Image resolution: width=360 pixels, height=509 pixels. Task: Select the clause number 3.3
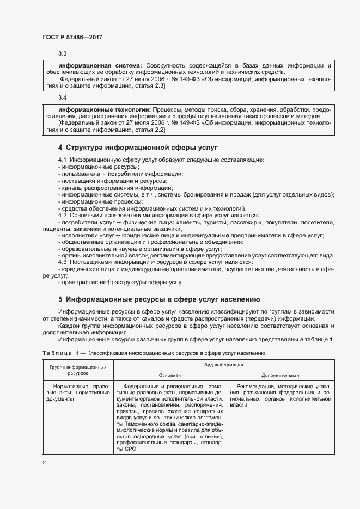click(x=63, y=53)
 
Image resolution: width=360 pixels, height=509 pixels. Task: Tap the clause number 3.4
click(x=63, y=98)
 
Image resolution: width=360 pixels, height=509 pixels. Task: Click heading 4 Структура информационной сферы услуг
click(x=137, y=148)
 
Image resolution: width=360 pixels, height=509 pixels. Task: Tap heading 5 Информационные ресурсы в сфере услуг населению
click(x=160, y=299)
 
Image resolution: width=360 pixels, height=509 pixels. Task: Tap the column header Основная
click(x=169, y=376)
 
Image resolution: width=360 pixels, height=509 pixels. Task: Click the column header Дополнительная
click(x=280, y=376)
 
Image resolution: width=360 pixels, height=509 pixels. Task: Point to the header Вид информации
click(x=224, y=365)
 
